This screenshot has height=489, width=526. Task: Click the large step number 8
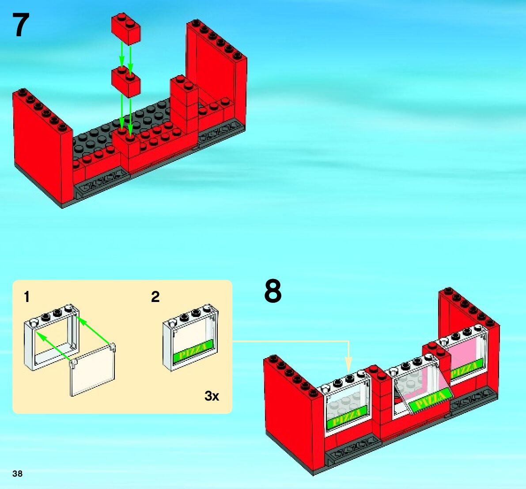[x=272, y=291]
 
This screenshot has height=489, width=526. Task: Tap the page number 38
[x=17, y=474]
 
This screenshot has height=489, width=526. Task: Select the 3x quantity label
[x=212, y=396]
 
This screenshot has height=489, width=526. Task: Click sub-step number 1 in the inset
[x=27, y=297]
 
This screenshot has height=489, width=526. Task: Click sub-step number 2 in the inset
[x=155, y=297]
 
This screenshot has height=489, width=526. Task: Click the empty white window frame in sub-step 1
[x=51, y=338]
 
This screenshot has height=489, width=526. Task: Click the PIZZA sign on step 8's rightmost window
[x=465, y=370]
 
